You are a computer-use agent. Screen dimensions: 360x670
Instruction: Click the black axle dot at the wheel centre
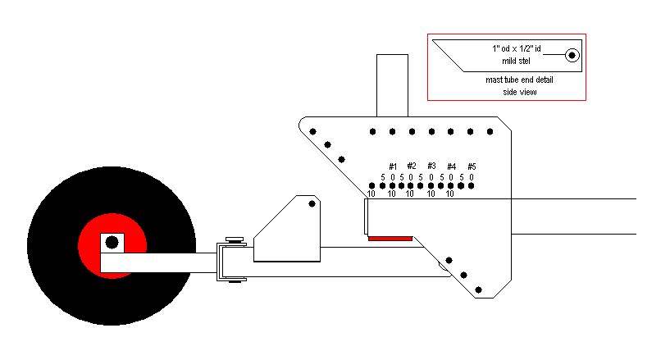pyautogui.click(x=112, y=243)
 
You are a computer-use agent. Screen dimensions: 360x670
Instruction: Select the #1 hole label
pyautogui.click(x=393, y=166)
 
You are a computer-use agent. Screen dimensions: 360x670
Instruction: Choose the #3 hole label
pyautogui.click(x=432, y=166)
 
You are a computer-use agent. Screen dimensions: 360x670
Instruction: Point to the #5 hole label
pyautogui.click(x=472, y=166)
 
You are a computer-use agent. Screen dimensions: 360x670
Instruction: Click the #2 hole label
pyautogui.click(x=412, y=166)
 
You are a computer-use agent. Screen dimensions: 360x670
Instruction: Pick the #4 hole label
pyautogui.click(x=452, y=166)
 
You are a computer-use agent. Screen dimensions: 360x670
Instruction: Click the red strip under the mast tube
pyautogui.click(x=390, y=238)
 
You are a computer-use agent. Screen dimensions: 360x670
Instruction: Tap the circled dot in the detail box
pyautogui.click(x=572, y=55)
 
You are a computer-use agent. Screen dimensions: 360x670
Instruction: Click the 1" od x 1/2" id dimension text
pyautogui.click(x=517, y=49)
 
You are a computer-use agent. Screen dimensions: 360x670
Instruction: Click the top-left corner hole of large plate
pyautogui.click(x=312, y=130)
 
